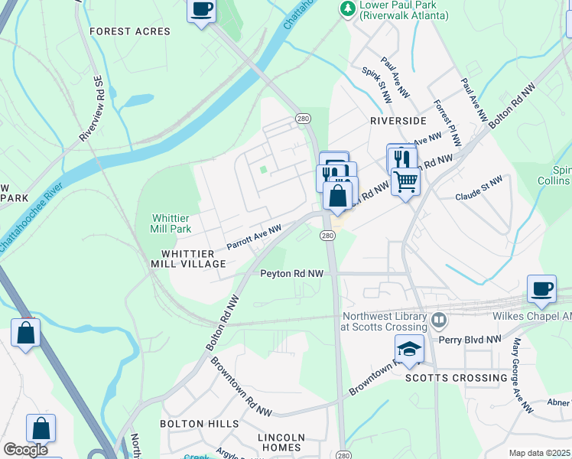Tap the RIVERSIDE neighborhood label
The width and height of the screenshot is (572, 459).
[398, 121]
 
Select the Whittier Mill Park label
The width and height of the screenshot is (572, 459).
[171, 223]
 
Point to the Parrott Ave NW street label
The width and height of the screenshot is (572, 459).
[254, 236]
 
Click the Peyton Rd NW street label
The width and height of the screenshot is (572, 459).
[291, 273]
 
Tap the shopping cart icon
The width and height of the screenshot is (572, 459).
[405, 181]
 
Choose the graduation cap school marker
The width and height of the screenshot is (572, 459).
[409, 348]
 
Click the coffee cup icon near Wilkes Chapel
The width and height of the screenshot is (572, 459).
[541, 288]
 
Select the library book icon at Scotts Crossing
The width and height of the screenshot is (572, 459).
[438, 320]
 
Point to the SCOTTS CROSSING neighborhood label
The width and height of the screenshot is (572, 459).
[456, 378]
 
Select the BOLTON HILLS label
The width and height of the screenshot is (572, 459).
[193, 423]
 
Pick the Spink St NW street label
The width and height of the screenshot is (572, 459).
[376, 84]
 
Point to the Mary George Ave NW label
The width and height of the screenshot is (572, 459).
[524, 376]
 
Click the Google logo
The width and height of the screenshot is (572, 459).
[25, 450]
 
